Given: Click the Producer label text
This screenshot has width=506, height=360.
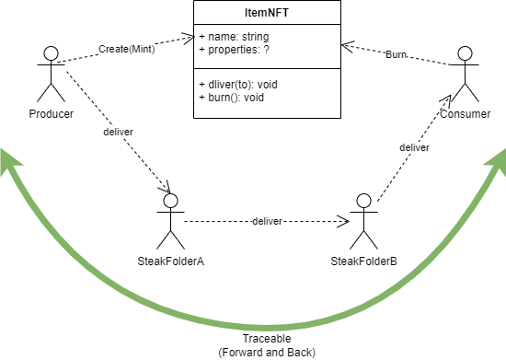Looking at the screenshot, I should tap(52, 113).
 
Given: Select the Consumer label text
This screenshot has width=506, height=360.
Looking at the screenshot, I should tap(466, 113).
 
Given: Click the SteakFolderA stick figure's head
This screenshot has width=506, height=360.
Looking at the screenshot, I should tap(169, 200).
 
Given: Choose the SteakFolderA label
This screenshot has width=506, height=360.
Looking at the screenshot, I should tap(169, 261).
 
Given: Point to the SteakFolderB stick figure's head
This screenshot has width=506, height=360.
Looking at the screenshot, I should tap(363, 200).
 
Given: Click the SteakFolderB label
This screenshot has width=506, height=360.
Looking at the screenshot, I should tap(363, 261).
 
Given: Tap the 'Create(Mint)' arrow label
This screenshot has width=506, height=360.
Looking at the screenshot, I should tap(128, 49).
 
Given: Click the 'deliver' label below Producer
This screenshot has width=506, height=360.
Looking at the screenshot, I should tap(119, 132).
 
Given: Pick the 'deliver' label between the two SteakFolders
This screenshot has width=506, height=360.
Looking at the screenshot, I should tap(267, 222).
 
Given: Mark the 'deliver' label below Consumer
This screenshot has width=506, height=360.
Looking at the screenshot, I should tap(415, 147).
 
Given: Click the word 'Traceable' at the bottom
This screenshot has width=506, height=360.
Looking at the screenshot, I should tap(253, 339).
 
